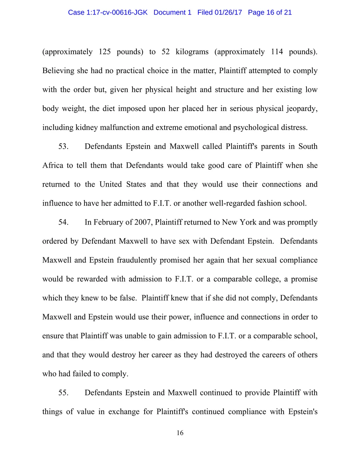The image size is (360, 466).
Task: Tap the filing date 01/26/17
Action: (x=228, y=12)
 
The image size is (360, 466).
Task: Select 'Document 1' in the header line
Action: (x=172, y=12)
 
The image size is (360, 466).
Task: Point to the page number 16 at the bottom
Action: (x=180, y=433)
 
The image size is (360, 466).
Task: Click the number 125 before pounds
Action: (x=105, y=52)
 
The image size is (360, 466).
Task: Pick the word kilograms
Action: (x=192, y=52)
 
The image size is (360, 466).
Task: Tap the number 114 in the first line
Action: (x=277, y=52)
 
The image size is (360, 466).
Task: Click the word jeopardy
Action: (x=302, y=108)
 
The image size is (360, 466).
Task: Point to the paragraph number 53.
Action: (x=63, y=146)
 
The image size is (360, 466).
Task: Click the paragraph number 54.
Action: (x=63, y=222)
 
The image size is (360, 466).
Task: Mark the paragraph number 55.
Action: (x=63, y=392)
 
